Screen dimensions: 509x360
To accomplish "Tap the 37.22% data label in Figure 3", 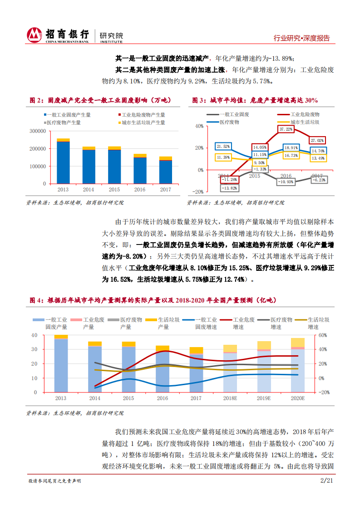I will tap(286, 129).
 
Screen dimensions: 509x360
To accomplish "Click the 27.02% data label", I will tap(317, 141).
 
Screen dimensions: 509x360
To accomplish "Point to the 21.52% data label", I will tap(223, 147).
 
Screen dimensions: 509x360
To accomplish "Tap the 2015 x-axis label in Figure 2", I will tap(114, 190).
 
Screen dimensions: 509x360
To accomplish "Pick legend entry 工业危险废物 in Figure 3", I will tap(305, 115).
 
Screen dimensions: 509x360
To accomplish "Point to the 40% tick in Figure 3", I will tap(199, 126).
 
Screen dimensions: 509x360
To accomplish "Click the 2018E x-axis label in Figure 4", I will tap(230, 398).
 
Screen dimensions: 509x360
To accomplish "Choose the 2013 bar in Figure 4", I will tap(61, 363).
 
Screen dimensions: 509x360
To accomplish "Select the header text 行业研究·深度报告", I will tap(302, 39).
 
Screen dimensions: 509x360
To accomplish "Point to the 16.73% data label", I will tap(291, 156).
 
